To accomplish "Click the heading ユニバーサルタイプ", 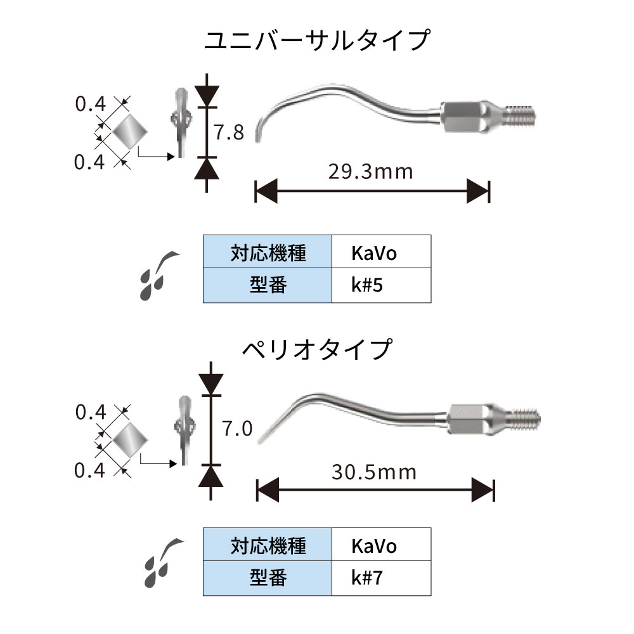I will (317, 41).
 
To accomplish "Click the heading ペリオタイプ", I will (317, 349).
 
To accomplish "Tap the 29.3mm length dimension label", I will (371, 171).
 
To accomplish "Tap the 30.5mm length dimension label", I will (373, 472).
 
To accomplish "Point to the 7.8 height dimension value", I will (228, 133).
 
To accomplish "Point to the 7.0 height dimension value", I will (236, 429).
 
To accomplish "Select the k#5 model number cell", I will (381, 285).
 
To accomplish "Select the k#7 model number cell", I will (381, 578).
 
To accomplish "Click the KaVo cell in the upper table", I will (381, 253).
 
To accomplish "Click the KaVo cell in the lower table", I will (381, 545).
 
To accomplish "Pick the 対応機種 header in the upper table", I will (268, 253).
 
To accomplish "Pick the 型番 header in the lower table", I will (268, 578).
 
